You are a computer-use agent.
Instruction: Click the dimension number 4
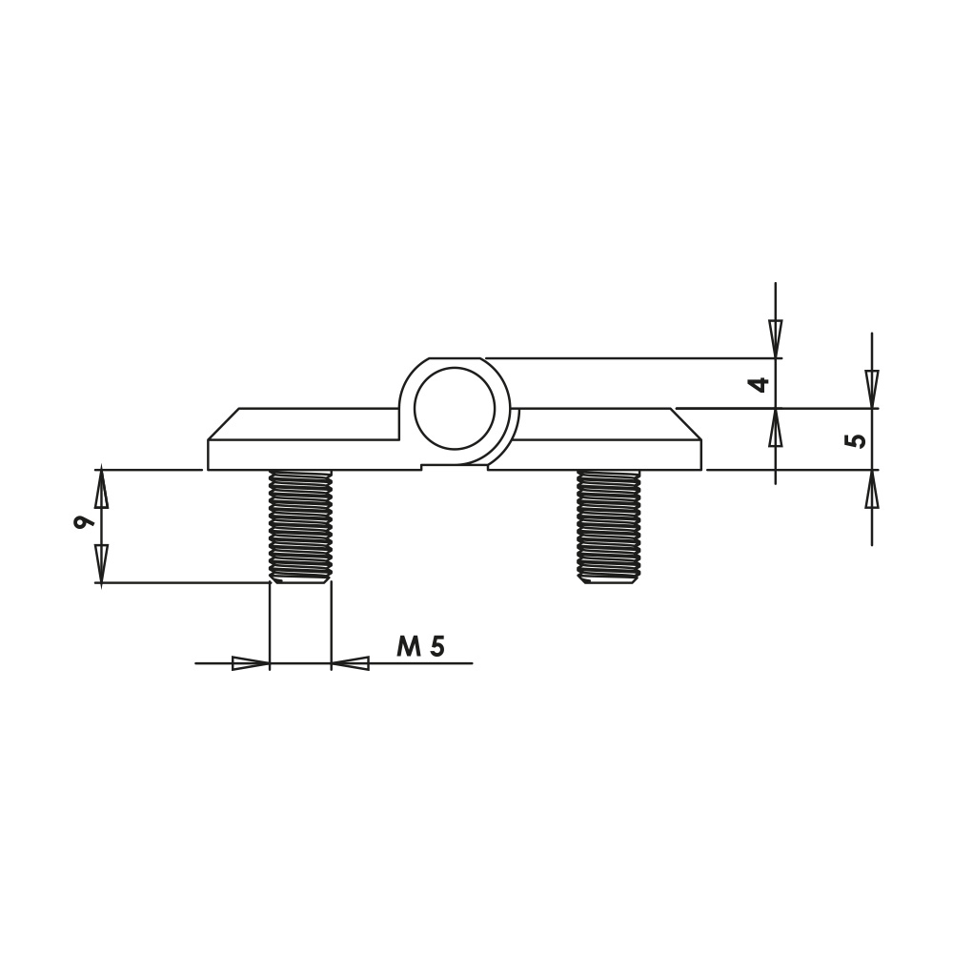pyautogui.click(x=760, y=385)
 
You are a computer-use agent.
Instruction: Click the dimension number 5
pyautogui.click(x=857, y=440)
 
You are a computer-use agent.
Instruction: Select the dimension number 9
pyautogui.click(x=83, y=522)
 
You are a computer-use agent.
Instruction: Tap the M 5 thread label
pyautogui.click(x=420, y=647)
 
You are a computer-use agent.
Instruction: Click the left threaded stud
pyautogui.click(x=300, y=526)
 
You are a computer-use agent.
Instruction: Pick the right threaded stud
pyautogui.click(x=609, y=526)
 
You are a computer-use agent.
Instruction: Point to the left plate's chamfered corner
pyautogui.click(x=223, y=424)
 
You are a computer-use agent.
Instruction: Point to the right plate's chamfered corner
pyautogui.click(x=687, y=424)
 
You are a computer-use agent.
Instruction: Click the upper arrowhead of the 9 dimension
pyautogui.click(x=102, y=488)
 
